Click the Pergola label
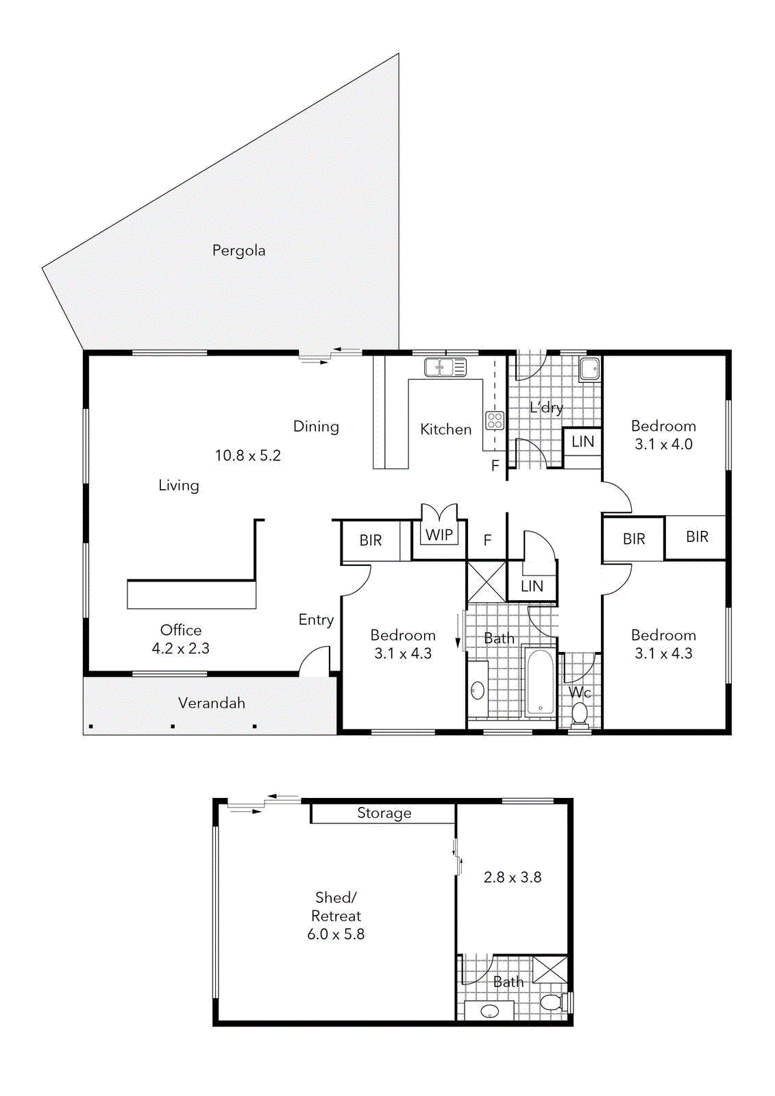[238, 251]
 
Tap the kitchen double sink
[445, 368]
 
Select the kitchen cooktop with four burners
[495, 421]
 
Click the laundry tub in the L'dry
[589, 369]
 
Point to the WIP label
[439, 535]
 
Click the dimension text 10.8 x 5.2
[247, 456]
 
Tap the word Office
[181, 630]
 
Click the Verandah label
[211, 703]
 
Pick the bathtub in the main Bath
[540, 683]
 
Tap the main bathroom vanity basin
[478, 690]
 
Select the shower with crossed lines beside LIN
[486, 582]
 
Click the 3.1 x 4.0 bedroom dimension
[663, 445]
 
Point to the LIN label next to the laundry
[582, 442]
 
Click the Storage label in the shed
[384, 813]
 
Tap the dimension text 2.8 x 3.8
[513, 877]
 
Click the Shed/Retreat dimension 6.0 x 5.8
[336, 934]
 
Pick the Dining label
[316, 427]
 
